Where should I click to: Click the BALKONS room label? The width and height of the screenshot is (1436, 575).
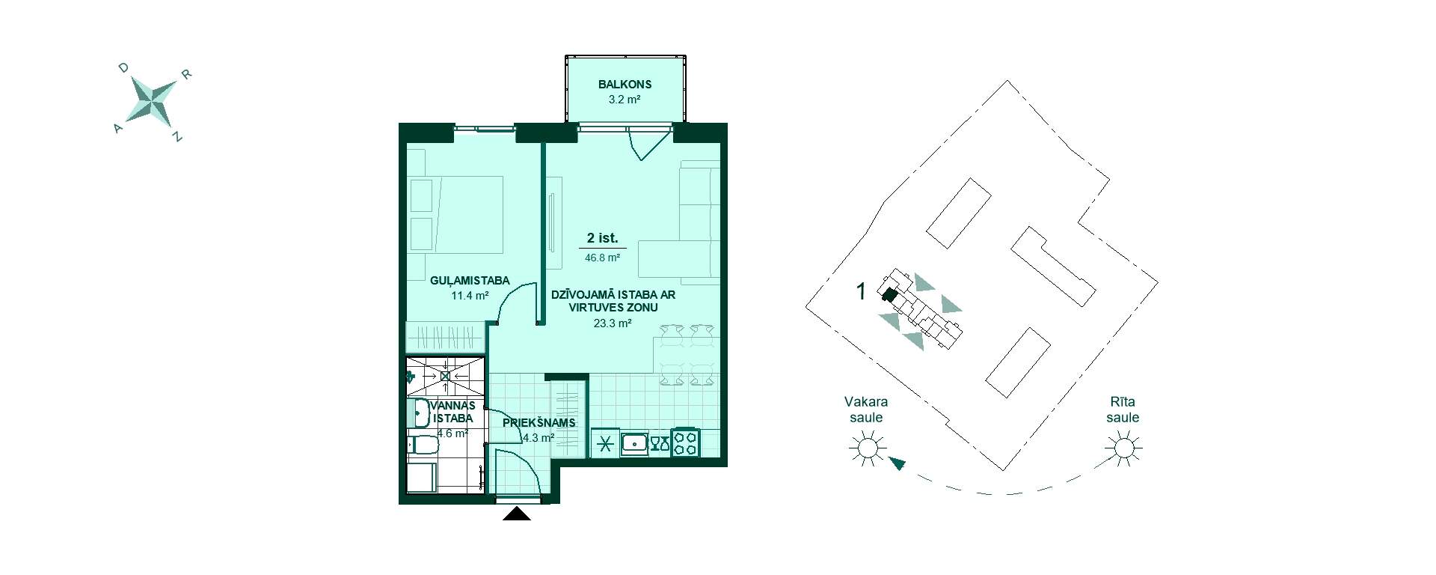(625, 85)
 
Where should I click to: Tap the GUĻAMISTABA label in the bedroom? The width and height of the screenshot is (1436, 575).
(470, 281)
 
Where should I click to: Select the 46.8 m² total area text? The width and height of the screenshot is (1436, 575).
(602, 258)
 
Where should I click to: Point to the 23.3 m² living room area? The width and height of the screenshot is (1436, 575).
(613, 323)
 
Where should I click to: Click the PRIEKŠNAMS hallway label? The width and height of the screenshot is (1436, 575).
(538, 423)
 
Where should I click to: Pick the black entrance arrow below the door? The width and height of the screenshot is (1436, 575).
(516, 514)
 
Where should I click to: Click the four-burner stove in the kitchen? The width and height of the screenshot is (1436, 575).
(686, 442)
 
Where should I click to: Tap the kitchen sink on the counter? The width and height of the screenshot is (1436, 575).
(634, 443)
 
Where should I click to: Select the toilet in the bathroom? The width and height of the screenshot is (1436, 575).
(423, 447)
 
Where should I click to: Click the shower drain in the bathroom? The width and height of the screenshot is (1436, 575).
(445, 376)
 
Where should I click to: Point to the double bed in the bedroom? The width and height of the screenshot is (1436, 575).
(456, 214)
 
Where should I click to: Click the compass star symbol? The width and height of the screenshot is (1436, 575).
(153, 100)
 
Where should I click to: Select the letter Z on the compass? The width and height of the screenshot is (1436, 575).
(177, 137)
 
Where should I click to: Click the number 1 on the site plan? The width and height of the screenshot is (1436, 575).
(861, 291)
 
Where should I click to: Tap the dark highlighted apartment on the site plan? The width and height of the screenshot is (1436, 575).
(889, 294)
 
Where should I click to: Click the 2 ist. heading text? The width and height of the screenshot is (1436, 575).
(602, 238)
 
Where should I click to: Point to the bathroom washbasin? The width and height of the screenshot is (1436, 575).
(420, 413)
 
